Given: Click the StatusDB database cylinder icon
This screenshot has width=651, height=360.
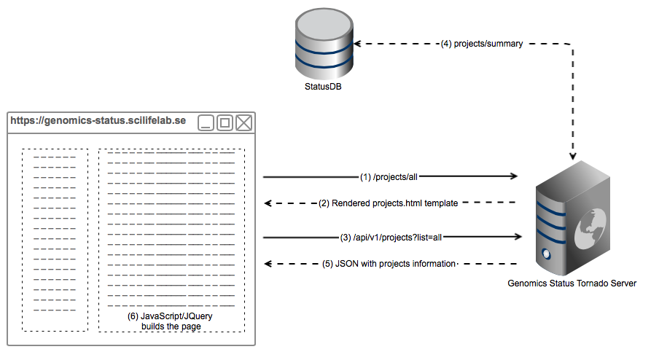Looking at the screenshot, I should pyautogui.click(x=323, y=45).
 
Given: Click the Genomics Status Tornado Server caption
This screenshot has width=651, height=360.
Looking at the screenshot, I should pyautogui.click(x=572, y=283).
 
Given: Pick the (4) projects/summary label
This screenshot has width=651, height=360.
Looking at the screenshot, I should pyautogui.click(x=482, y=44).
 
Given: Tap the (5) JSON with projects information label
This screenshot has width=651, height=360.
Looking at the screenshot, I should pyautogui.click(x=389, y=264).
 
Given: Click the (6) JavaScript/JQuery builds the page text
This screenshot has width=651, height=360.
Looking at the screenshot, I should pyautogui.click(x=171, y=321).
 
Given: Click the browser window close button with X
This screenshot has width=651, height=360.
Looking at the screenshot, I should pyautogui.click(x=243, y=123).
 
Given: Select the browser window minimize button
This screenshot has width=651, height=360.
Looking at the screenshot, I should pyautogui.click(x=206, y=123).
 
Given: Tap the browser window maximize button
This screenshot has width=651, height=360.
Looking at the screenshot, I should pyautogui.click(x=225, y=123).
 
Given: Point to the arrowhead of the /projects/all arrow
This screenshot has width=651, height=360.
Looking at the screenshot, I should pyautogui.click(x=514, y=176).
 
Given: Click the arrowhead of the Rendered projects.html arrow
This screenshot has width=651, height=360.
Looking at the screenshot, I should pyautogui.click(x=268, y=203).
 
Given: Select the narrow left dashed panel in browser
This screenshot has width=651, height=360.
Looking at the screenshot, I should pyautogui.click(x=55, y=240).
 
